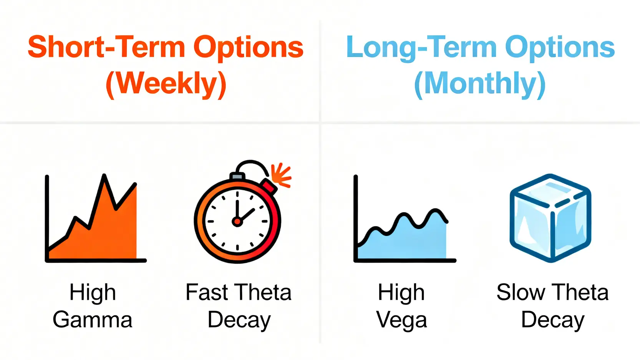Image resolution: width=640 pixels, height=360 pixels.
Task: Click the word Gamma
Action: (x=92, y=320)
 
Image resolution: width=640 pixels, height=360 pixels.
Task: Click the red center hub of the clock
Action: (x=237, y=221)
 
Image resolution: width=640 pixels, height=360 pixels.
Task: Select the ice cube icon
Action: (x=550, y=218)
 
